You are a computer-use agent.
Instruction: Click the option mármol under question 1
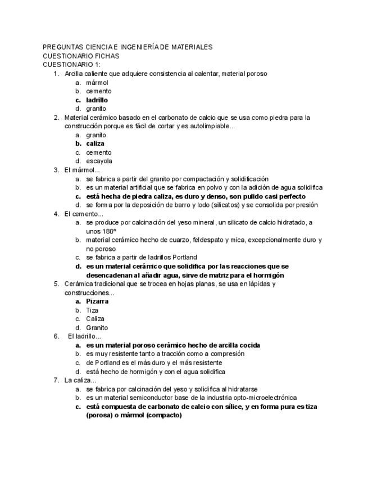97,83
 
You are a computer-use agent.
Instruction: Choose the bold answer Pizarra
97,301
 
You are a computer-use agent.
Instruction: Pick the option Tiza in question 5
93,310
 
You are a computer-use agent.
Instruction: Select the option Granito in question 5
97,327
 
